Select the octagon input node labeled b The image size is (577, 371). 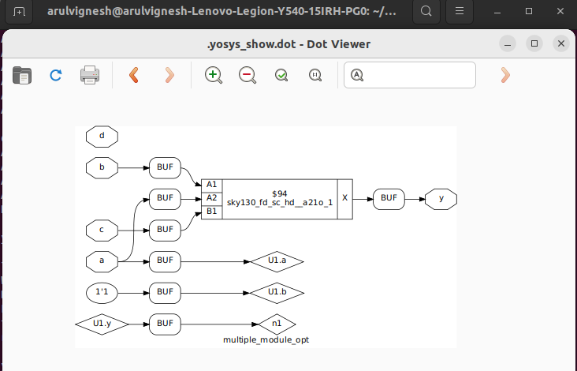pos(102,168)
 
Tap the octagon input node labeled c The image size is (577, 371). pos(102,230)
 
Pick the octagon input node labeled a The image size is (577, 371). pos(102,260)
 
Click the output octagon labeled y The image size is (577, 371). pos(441,199)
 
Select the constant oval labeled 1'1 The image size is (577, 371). pos(102,292)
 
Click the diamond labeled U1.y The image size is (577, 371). pos(102,324)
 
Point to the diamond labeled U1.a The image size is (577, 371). pos(276,260)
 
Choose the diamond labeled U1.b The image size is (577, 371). pos(276,292)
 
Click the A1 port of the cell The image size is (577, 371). pos(211,184)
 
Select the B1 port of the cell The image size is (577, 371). pos(211,212)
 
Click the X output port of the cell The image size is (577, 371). pos(344,198)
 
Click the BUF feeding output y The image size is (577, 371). pos(389,198)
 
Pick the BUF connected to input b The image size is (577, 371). pos(165,168)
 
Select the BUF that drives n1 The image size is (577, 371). pos(165,324)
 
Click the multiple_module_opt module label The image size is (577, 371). pos(265,339)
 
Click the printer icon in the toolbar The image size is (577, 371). pos(90,76)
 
